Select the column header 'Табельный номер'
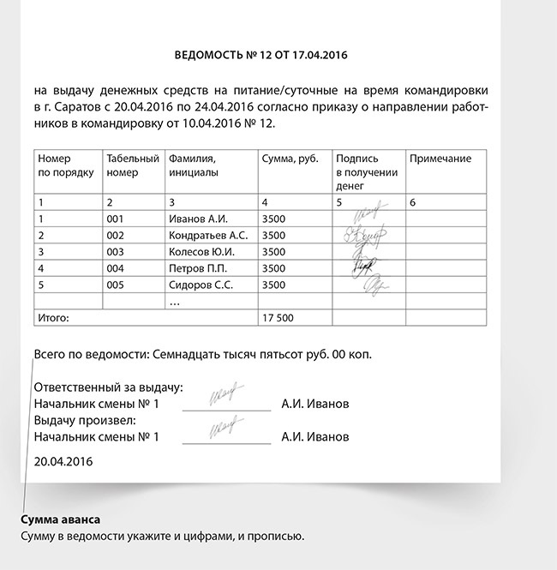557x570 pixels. [132, 165]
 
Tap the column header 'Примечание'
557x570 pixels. [440, 159]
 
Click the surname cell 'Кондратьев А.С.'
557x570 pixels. [208, 235]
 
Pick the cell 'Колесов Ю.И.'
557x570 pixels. [201, 252]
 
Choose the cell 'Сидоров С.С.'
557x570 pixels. [201, 285]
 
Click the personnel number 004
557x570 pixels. [116, 268]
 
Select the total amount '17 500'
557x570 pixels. [277, 317]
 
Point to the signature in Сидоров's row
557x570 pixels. [377, 284]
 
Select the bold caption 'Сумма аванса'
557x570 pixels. [60, 519]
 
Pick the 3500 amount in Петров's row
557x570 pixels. [273, 268]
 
